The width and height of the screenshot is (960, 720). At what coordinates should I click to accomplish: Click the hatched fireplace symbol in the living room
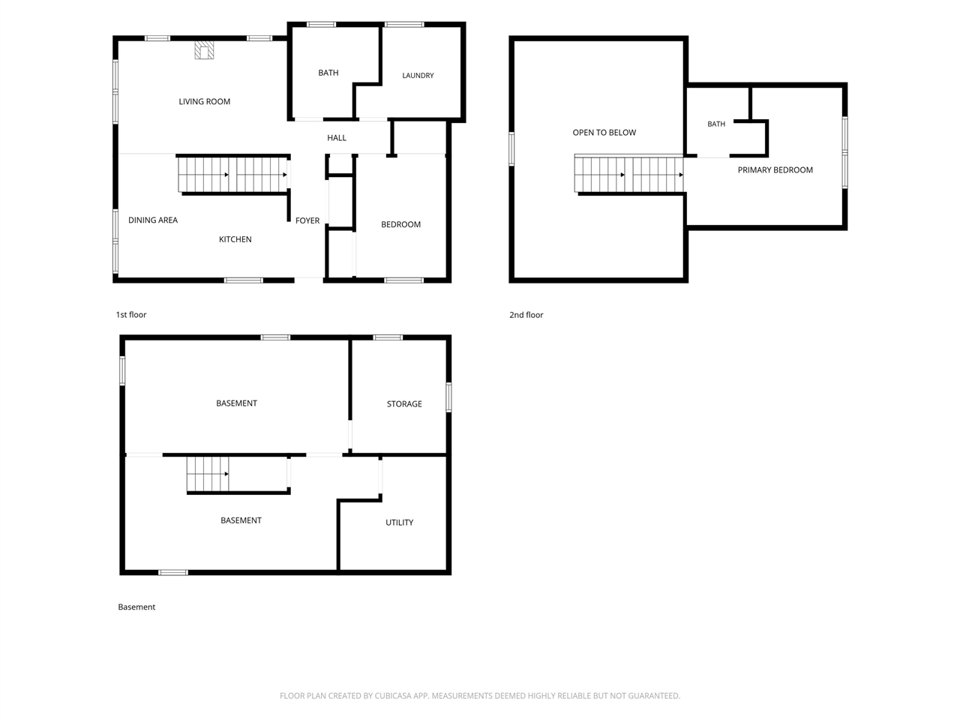[204, 49]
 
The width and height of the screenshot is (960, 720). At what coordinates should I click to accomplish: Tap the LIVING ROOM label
[204, 101]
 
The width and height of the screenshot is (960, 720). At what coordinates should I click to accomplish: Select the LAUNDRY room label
[418, 76]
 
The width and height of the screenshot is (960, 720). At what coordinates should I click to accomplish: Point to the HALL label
[336, 138]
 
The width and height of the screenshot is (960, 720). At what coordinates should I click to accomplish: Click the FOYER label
[307, 220]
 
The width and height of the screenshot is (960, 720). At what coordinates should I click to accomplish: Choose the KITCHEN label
[235, 239]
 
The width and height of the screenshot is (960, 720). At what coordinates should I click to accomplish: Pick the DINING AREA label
[153, 220]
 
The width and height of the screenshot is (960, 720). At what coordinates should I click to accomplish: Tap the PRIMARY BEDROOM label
[775, 170]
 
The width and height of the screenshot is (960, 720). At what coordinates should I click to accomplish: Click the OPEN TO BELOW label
[604, 133]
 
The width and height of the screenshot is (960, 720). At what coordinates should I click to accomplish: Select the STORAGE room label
[404, 404]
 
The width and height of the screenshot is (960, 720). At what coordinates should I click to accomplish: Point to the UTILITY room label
[399, 523]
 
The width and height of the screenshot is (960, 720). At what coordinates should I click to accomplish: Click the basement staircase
[208, 474]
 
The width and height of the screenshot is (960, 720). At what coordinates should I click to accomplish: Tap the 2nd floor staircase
[628, 175]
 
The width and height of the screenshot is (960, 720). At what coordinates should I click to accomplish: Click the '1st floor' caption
[130, 315]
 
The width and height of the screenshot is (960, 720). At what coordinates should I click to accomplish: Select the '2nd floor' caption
[526, 315]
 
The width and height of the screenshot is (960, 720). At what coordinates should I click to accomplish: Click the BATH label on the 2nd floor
[716, 124]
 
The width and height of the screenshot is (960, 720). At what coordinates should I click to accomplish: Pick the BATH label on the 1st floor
[328, 73]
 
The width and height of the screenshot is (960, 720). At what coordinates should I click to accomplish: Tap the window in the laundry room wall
[404, 25]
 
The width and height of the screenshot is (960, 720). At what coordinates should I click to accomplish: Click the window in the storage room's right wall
[448, 397]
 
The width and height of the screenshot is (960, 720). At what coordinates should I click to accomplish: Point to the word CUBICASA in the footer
[393, 695]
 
